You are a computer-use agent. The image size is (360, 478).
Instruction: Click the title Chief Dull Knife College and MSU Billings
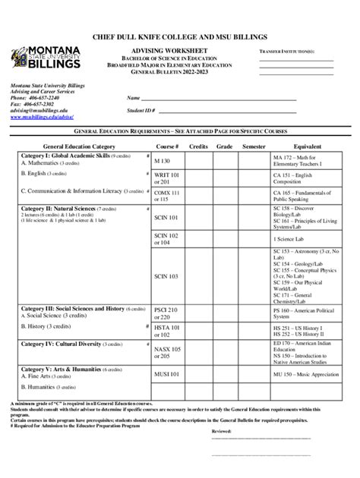179,36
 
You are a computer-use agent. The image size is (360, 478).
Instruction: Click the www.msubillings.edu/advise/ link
41,118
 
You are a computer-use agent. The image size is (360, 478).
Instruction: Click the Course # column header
167,146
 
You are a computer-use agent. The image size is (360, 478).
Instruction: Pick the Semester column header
254,146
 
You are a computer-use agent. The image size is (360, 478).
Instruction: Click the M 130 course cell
163,162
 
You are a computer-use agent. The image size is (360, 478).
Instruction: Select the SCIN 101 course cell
166,218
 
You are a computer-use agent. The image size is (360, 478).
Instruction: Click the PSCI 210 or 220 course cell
166,315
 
